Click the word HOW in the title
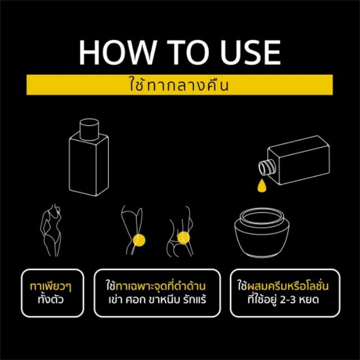pos(117,52)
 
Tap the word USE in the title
pos(251,52)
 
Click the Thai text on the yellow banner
pos(179,84)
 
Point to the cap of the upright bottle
pos(89,129)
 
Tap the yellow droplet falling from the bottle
pos(262,186)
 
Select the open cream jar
pos(262,232)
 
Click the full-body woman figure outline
pos(51,230)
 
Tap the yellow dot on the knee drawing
pos(139,240)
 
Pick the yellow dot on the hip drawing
pos(183,237)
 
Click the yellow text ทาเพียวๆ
pos(51,287)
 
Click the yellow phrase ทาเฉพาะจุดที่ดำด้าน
pos(161,286)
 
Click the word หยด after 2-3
pos(309,300)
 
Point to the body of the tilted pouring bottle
pos(299,160)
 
